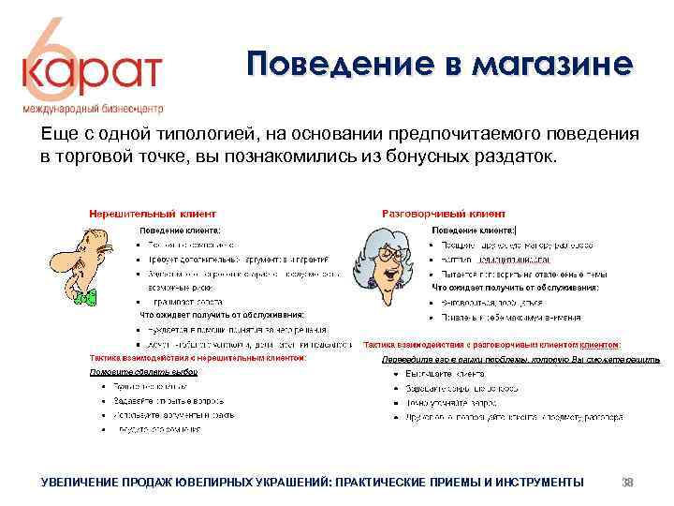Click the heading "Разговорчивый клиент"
[444, 214]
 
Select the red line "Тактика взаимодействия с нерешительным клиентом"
[198, 357]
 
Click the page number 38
[628, 482]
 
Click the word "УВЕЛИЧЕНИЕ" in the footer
[80, 482]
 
